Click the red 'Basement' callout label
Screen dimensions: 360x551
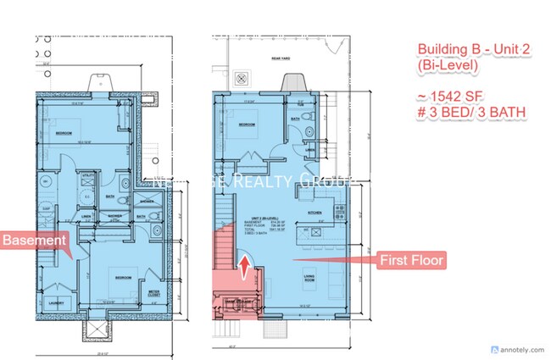click(x=35, y=241)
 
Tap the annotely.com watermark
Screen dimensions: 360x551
click(x=519, y=347)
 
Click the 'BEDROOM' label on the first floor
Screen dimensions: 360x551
click(x=247, y=125)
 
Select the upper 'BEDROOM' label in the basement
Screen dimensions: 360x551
click(x=64, y=135)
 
